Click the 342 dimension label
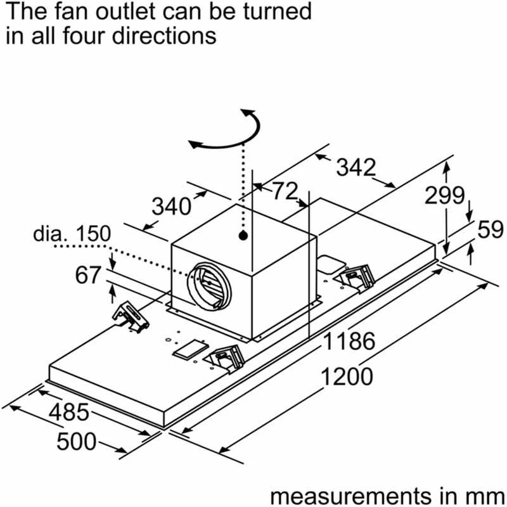pos(356,167)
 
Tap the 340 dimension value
pos(171,206)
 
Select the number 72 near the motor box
pos(285,191)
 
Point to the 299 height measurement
pos(445,196)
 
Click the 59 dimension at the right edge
pos(490,229)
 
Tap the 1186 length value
pos(349,342)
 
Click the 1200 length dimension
pos(346,377)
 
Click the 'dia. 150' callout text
pos(72,234)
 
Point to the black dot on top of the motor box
pos(243,236)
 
